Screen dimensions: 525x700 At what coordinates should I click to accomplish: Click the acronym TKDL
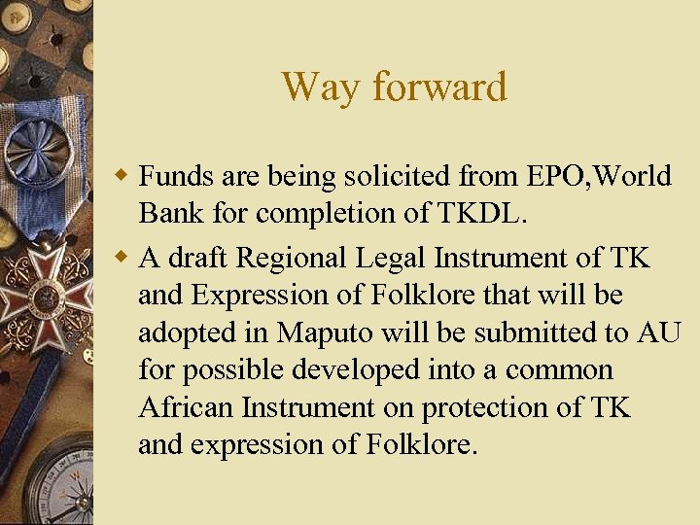(485, 213)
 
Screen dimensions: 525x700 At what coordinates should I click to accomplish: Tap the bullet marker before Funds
(123, 178)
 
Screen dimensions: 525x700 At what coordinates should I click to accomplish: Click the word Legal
(398, 259)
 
